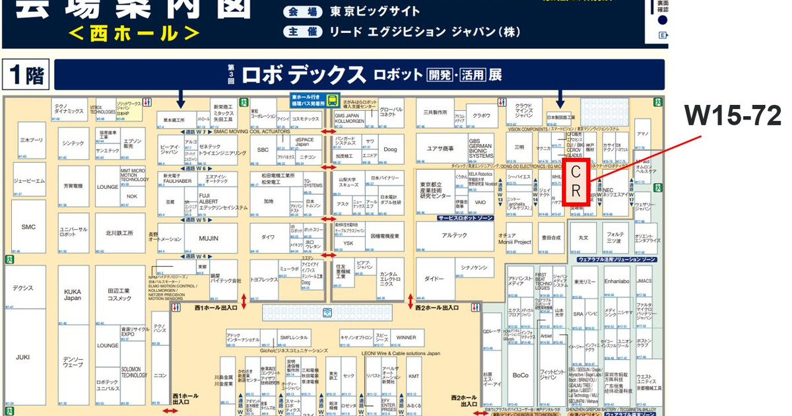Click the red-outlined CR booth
coord(576,182)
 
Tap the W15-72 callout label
coord(733,116)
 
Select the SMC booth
coord(28,227)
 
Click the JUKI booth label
coord(23,357)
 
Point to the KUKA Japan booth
coord(73,295)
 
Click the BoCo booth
coord(520,375)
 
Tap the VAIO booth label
coord(479,203)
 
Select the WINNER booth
coord(406,337)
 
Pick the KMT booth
coord(414,376)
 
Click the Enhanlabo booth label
coord(616,281)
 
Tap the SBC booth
coord(263,150)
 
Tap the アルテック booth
coord(454,235)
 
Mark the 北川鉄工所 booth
coord(119,233)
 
